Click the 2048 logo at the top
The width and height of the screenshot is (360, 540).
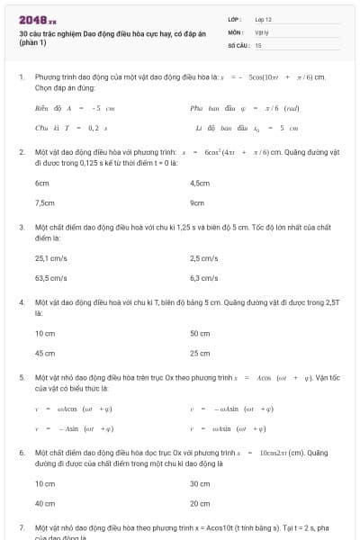click(x=38, y=19)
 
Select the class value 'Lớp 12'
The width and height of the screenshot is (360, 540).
click(x=263, y=19)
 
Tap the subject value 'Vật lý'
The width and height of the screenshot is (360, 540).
click(x=261, y=31)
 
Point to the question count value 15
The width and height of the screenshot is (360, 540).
click(x=258, y=44)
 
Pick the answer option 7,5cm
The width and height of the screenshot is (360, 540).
click(x=44, y=202)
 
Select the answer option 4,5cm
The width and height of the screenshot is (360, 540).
click(x=200, y=183)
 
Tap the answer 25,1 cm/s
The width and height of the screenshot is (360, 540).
click(x=50, y=258)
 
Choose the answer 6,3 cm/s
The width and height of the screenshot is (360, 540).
click(x=204, y=278)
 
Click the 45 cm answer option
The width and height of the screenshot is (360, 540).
click(x=45, y=354)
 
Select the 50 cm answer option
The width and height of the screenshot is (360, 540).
click(x=200, y=333)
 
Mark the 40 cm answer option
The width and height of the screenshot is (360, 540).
click(x=45, y=503)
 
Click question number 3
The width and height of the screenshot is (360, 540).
click(x=22, y=227)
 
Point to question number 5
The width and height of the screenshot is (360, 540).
click(x=22, y=378)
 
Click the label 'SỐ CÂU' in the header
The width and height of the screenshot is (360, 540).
click(x=238, y=44)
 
